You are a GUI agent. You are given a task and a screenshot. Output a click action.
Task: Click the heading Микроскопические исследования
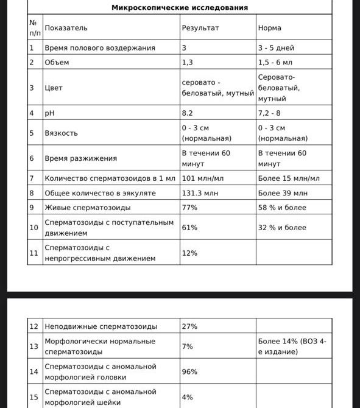[x=180, y=8]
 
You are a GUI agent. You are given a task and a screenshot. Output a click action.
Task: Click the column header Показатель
[x=66, y=28]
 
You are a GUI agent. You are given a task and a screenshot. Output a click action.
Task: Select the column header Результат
[x=200, y=28]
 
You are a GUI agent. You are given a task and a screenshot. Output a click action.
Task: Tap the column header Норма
[x=269, y=28]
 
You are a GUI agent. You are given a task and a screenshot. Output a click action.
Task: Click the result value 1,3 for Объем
[x=188, y=62]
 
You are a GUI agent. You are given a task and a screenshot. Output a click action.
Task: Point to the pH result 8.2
[x=188, y=113]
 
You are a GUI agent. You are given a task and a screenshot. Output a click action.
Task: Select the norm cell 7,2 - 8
[x=272, y=113]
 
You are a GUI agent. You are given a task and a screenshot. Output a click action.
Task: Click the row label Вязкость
[x=61, y=133]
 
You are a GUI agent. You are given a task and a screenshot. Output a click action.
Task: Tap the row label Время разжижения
[x=80, y=158]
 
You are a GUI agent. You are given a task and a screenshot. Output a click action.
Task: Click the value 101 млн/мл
[x=203, y=178]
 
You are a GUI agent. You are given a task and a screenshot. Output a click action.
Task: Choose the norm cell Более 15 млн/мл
[x=289, y=178]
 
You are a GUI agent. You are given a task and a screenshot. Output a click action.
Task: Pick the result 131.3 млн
[x=200, y=193]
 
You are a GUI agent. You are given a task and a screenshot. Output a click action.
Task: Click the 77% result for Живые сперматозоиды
[x=189, y=208]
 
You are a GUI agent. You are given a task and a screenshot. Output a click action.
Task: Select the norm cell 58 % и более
[x=282, y=208]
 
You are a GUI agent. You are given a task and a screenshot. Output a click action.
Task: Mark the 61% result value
[x=189, y=228]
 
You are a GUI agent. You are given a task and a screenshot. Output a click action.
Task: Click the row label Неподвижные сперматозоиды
[x=101, y=326]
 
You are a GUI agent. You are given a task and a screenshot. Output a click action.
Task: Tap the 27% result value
[x=189, y=326]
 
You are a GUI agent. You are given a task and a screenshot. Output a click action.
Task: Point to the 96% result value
[x=189, y=371]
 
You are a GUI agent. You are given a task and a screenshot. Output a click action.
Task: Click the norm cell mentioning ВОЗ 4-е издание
[x=292, y=346]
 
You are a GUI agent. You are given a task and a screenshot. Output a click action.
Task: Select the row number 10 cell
[x=34, y=228]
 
